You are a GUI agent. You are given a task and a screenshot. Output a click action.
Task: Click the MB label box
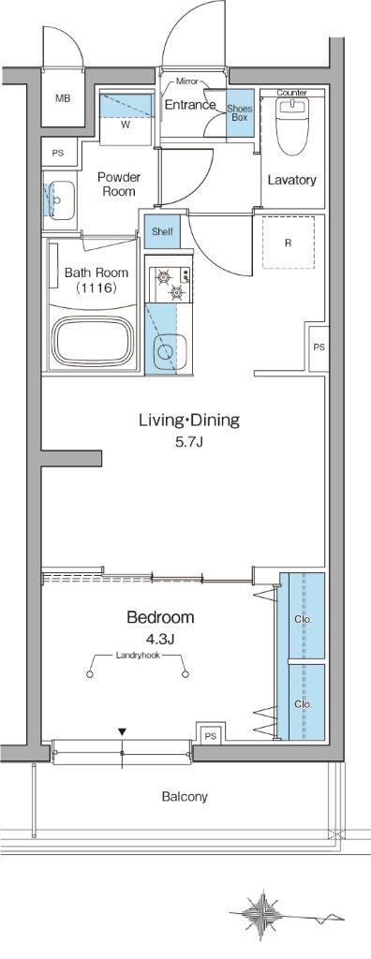point(61,97)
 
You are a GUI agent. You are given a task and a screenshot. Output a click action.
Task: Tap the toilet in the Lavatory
point(291,125)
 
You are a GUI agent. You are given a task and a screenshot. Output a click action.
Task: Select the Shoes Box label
point(238,112)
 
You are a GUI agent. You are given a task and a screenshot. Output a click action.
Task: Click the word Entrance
point(190,105)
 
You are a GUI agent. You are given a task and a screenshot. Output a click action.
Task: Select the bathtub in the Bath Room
point(94,342)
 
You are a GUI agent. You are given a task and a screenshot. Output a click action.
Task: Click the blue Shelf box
point(162,232)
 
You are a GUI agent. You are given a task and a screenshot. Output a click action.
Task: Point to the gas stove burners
point(170,285)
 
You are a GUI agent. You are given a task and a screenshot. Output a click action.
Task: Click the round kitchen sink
point(164,351)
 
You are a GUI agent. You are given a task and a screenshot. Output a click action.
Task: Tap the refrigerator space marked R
point(288,242)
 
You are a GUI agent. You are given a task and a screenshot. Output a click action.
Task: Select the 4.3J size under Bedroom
point(160,640)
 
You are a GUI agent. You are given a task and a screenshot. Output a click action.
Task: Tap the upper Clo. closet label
point(303,620)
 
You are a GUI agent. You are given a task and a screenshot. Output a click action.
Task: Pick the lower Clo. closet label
point(303,704)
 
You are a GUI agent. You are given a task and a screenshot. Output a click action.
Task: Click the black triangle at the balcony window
point(123,731)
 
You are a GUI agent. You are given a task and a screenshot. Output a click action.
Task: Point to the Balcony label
point(185,797)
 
